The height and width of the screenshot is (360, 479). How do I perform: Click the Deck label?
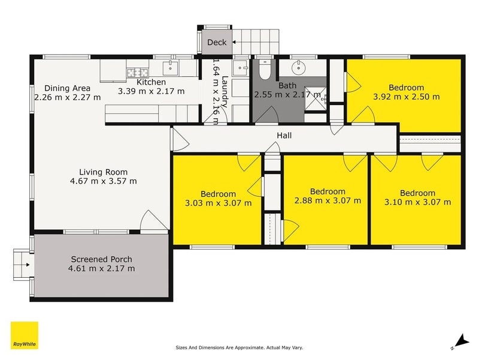pos(217,42)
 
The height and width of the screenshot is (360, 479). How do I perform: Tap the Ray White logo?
pos(25,335)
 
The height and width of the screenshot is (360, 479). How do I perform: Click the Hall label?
pos(284,136)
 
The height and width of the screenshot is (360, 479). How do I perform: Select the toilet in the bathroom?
pos(265,70)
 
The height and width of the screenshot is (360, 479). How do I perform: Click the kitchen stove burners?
pos(138,73)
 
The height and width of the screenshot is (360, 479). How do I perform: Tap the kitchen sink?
pos(171,68)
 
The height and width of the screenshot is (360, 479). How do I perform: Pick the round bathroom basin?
pos(298,68)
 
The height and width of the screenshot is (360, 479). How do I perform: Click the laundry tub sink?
pos(241,68)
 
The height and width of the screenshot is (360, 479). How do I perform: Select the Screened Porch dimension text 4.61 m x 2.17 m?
pos(101,268)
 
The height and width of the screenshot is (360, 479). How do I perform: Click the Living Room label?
pos(103,172)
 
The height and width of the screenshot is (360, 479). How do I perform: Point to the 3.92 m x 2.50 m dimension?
pos(407,97)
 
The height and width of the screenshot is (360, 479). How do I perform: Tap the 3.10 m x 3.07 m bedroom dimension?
pos(417,202)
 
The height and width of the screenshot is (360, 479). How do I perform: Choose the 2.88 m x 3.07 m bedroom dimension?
pos(328,200)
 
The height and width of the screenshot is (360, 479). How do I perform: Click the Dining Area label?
pos(67,88)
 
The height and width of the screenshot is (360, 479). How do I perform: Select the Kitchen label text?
pos(151,82)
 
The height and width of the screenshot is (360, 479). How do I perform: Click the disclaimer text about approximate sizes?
pos(239,347)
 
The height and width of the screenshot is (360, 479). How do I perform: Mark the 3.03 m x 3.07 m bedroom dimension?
pos(219,203)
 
